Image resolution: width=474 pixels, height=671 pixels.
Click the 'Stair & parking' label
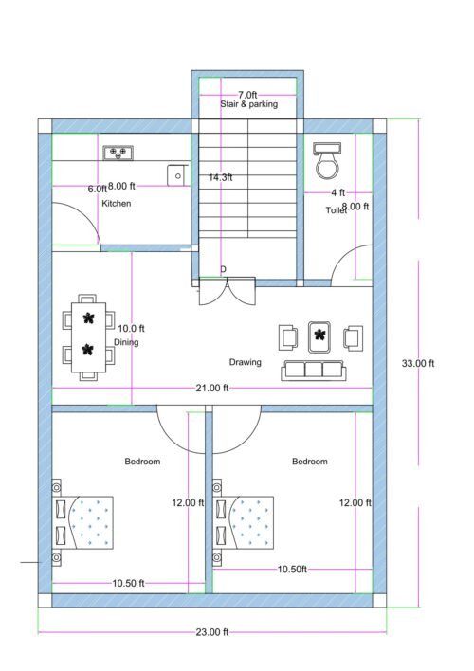248,104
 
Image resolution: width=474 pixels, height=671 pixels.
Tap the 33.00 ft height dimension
418,363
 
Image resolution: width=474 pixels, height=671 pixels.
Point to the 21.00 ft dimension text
212,388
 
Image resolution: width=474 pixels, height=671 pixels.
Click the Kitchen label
116,204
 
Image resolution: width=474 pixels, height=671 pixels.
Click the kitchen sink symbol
175,174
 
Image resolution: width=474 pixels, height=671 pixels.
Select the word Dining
126,342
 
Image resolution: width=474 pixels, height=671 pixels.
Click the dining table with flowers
88,335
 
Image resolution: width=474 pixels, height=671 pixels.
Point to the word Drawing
245,363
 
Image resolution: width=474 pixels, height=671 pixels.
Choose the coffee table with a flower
320,335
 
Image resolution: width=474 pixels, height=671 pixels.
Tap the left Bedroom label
142,462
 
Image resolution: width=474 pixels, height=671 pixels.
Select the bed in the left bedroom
85,521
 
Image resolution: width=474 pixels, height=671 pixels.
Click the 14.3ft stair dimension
221,177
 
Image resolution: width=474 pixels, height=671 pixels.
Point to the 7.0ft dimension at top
247,95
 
